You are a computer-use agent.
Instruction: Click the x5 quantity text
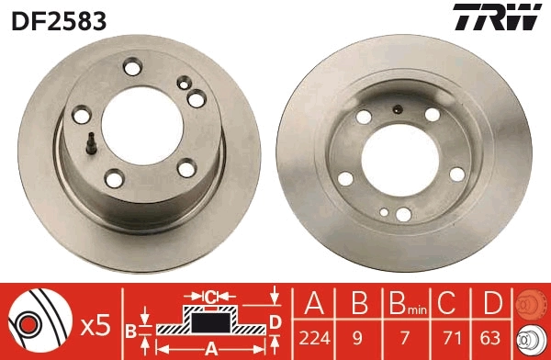pyautogui.click(x=96, y=323)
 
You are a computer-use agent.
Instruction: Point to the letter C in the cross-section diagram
pyautogui.click(x=210, y=297)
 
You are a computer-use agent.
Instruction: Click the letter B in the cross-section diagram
pyautogui.click(x=130, y=328)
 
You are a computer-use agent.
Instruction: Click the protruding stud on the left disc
pyautogui.click(x=92, y=142)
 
